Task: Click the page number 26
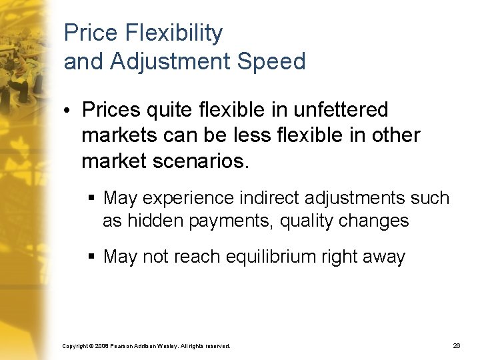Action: click(x=457, y=346)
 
